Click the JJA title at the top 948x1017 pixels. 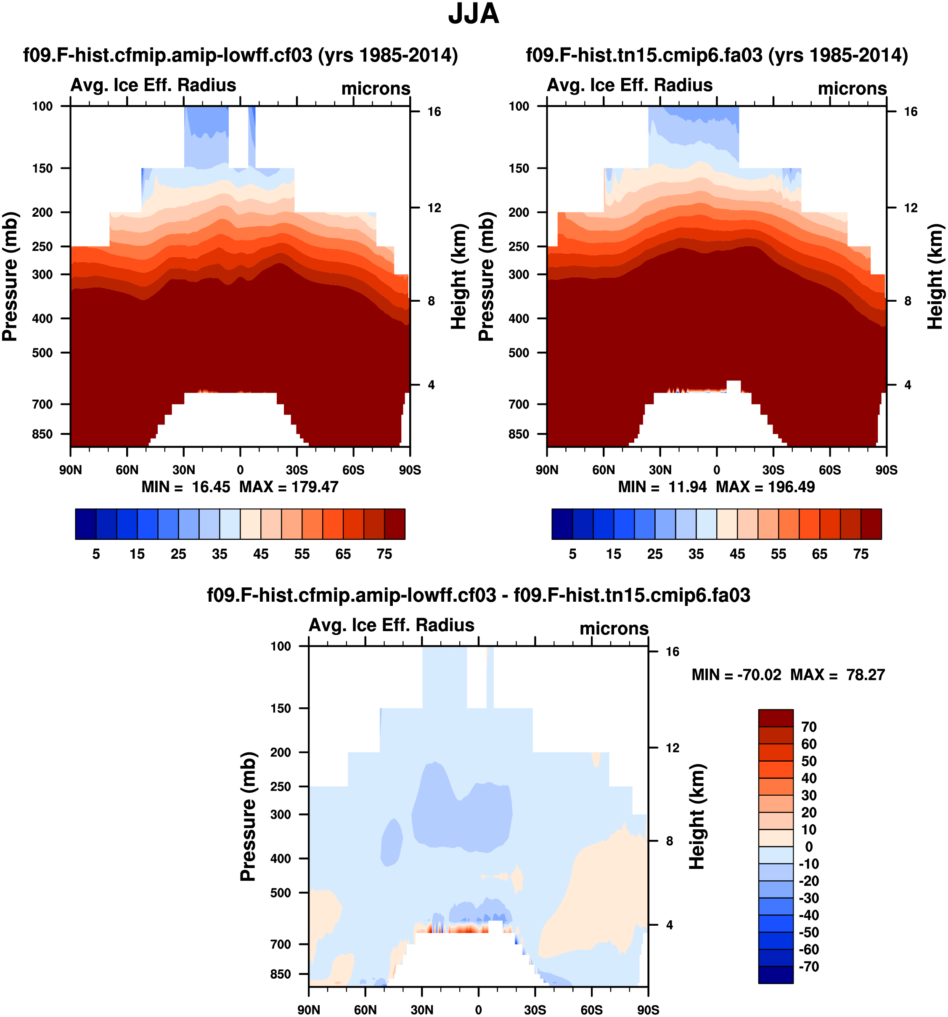click(x=474, y=14)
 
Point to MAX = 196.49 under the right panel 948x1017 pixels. click(x=765, y=486)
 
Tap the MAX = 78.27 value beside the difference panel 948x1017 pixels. click(x=837, y=675)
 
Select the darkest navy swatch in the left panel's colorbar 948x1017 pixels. click(x=85, y=524)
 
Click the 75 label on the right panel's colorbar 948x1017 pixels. click(x=861, y=554)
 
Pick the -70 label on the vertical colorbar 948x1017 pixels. click(x=809, y=967)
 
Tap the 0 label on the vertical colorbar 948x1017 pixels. click(x=808, y=847)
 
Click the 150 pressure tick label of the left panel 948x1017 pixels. click(x=42, y=168)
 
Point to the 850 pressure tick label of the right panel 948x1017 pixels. click(x=519, y=434)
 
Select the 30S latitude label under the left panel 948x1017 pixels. click(x=297, y=470)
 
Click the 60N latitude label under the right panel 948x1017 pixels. click(x=604, y=470)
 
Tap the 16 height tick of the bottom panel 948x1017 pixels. click(x=673, y=651)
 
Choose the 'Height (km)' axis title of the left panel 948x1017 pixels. click(x=459, y=276)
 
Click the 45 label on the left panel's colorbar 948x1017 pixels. click(x=261, y=554)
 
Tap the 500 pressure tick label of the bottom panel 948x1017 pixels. click(x=281, y=893)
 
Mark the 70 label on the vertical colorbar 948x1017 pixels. click(x=809, y=727)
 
